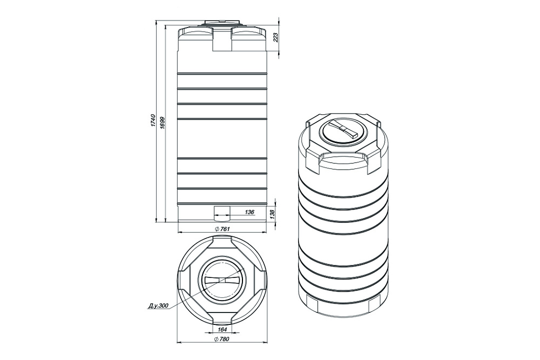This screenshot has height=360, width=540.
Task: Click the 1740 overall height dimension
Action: [153, 121]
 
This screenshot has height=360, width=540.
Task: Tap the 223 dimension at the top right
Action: [275, 38]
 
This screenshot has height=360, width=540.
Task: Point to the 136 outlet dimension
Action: [249, 212]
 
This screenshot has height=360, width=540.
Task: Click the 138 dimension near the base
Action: [272, 214]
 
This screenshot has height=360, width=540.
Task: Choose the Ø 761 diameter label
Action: [222, 229]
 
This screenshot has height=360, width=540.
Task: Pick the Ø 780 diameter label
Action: [221, 339]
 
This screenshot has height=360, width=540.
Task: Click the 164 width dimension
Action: [222, 329]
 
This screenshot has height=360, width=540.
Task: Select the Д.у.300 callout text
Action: [158, 305]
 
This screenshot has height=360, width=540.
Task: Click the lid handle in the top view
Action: [221, 280]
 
